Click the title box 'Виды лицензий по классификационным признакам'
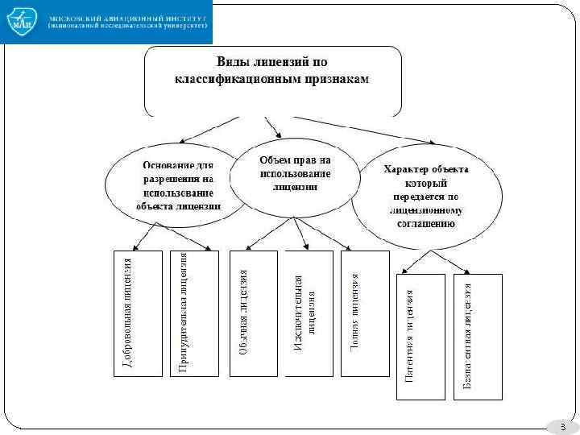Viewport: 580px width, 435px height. (272, 81)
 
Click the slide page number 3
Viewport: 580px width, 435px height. (562, 425)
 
